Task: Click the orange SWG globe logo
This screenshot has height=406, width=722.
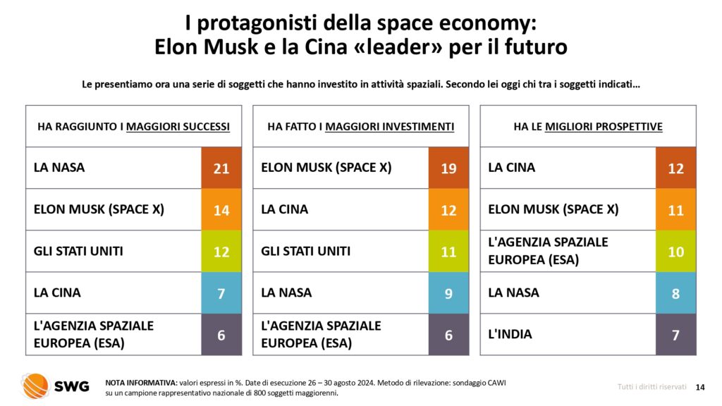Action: coord(35,386)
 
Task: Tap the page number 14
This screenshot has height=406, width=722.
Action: coord(700,386)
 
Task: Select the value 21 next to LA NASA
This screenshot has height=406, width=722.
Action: coord(221,168)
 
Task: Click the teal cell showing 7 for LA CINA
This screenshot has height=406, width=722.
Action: coord(221,293)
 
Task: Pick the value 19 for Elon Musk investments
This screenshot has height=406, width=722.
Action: coord(448,168)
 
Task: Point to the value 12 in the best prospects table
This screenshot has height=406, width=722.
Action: coord(675,168)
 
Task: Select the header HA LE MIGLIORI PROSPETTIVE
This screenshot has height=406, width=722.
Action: coord(587,127)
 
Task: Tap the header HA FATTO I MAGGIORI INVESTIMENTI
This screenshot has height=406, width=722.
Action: coord(360,127)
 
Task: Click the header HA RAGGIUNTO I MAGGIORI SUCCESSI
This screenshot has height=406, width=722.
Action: coord(133,127)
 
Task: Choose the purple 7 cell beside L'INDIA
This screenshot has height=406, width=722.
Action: coord(675,335)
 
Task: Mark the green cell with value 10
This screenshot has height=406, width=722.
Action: coord(675,252)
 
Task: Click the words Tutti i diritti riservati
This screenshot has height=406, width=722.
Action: coord(647,386)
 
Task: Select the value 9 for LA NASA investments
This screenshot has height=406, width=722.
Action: coord(448,293)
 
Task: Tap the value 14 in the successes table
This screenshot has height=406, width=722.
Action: coord(221,210)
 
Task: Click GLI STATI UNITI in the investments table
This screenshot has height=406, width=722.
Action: coord(305,251)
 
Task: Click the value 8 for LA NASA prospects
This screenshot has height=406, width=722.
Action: coord(675,293)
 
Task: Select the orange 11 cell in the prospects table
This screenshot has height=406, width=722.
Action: coord(675,210)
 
